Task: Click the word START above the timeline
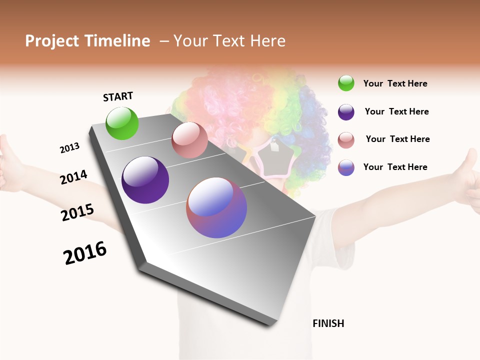click(118, 96)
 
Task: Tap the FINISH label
click(328, 323)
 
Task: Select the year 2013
click(69, 148)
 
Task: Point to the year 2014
click(73, 177)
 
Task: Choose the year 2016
click(85, 252)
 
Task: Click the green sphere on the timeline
click(122, 123)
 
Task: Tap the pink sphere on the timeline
click(189, 140)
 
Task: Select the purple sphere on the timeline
click(145, 180)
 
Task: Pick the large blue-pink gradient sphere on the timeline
click(216, 207)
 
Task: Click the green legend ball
click(346, 83)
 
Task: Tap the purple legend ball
click(346, 112)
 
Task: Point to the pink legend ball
click(346, 139)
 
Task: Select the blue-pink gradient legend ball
click(346, 167)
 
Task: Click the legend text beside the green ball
click(395, 84)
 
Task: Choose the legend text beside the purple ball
click(396, 112)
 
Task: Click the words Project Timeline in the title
click(87, 41)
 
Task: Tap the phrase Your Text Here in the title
click(229, 41)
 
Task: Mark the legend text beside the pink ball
click(397, 139)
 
